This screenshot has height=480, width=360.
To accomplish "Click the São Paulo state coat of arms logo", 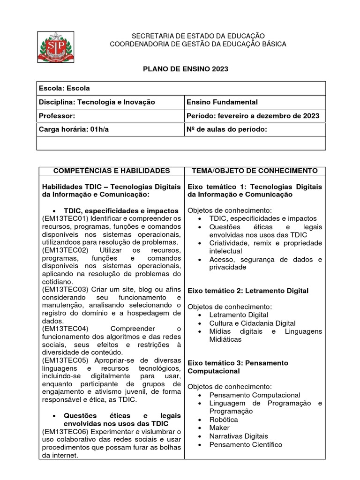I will point(56,47).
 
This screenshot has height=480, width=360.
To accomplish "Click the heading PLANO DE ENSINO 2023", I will point(185,69).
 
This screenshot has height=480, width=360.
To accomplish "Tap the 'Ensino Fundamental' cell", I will point(222,102).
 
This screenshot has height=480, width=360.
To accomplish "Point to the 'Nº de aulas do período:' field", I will point(227,129).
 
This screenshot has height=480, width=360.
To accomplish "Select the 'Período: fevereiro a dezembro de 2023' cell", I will point(253,116).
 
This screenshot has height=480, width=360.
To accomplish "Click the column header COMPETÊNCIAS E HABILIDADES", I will point(110,171).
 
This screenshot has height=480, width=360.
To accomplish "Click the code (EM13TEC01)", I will point(65,219).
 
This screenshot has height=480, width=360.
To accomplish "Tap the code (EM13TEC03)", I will point(65,290).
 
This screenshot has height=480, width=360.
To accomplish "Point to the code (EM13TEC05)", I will point(65,360).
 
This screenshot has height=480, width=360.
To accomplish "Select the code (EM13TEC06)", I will point(65,431).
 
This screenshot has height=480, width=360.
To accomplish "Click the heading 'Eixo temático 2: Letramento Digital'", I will point(248,291).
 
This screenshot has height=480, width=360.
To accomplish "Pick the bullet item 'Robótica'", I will point(224,420).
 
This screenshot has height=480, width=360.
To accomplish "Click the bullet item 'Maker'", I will point(219,427).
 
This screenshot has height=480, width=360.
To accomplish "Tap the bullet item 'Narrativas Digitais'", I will point(239,436).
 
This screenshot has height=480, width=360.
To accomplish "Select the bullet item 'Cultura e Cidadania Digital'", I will point(252,323).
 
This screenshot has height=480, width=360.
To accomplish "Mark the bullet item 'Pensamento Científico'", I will point(246,444).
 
